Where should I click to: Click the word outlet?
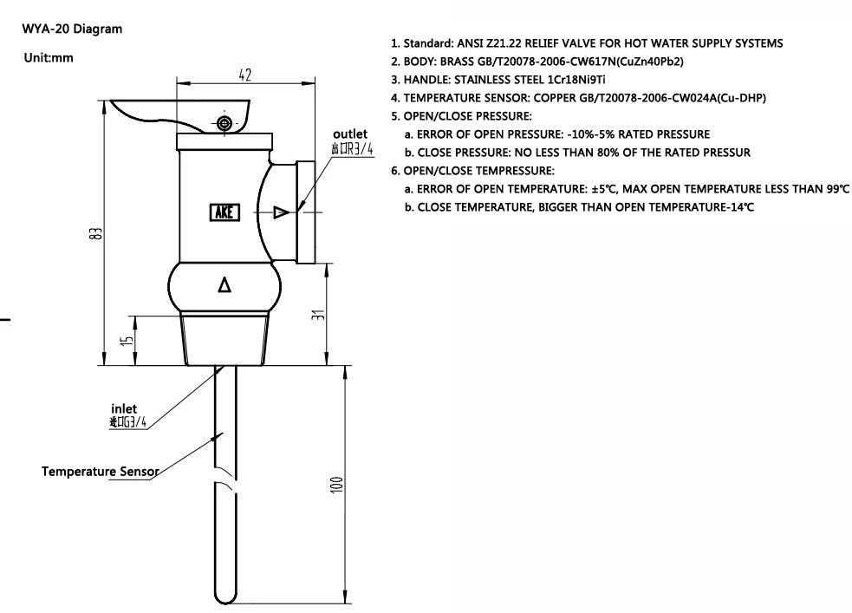(350, 134)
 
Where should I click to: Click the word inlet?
(124, 408)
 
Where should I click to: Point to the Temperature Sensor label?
(100, 472)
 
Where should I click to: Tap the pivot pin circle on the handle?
(225, 124)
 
